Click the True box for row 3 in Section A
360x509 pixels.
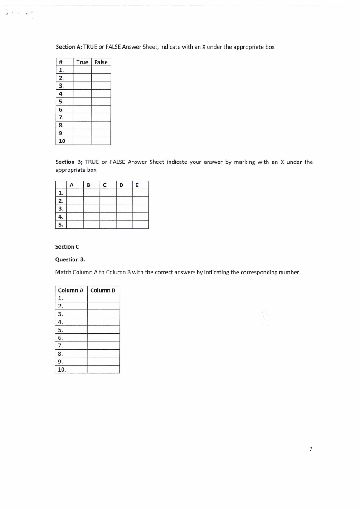(x=82, y=86)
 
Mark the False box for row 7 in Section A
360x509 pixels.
(x=101, y=117)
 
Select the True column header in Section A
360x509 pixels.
(x=82, y=62)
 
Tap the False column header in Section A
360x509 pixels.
(x=101, y=62)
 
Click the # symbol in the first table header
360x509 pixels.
(x=60, y=62)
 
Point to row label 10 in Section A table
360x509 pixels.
(x=62, y=141)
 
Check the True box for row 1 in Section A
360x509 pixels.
(x=82, y=70)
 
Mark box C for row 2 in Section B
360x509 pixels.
(x=107, y=201)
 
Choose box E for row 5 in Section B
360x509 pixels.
(x=141, y=225)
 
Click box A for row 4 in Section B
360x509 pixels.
(x=75, y=216)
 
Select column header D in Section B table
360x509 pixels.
(x=121, y=185)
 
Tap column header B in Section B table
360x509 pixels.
(x=88, y=185)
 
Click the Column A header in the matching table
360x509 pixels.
(x=71, y=290)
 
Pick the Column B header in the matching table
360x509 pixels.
(x=103, y=290)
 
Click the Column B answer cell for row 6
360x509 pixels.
(x=103, y=338)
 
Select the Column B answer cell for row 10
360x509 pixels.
(x=103, y=369)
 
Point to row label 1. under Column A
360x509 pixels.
(x=61, y=298)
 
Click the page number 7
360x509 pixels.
(x=311, y=449)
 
